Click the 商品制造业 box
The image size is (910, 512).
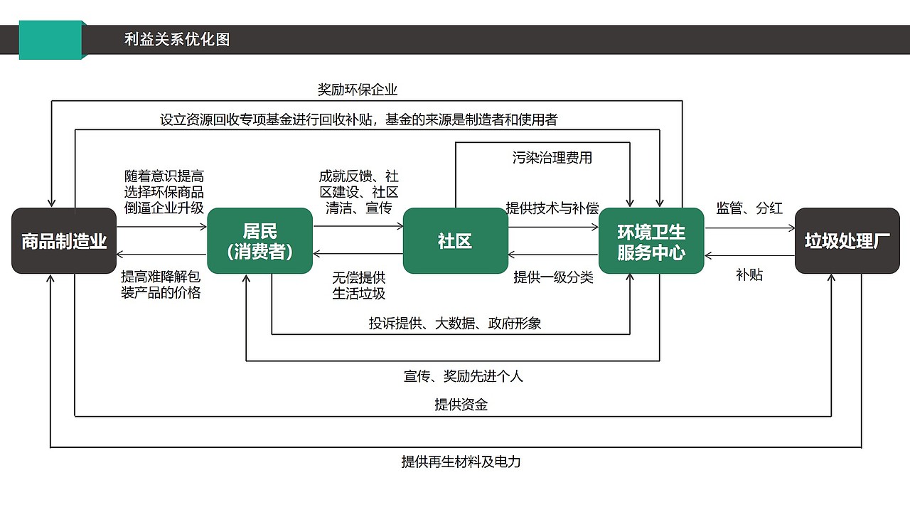(64, 241)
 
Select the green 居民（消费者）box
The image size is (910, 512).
(259, 241)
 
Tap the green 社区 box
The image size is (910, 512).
(455, 241)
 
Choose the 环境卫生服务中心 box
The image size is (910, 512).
(651, 241)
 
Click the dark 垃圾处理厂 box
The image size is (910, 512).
(847, 241)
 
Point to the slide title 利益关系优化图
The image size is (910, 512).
(177, 39)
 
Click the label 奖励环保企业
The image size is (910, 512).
(357, 90)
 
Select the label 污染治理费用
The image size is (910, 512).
(552, 158)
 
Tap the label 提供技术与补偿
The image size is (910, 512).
(552, 208)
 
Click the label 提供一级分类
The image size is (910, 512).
(553, 277)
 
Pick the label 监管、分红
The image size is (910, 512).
(749, 208)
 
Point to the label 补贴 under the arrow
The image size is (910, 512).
(749, 274)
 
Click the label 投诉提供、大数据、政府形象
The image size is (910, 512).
(455, 324)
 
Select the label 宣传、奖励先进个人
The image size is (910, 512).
(463, 375)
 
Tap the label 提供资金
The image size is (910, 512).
(461, 405)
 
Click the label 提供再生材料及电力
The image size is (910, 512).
(461, 462)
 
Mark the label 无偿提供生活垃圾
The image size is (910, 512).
(359, 285)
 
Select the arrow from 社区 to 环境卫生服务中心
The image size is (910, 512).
(553, 228)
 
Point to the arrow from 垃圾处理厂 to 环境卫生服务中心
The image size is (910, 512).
(749, 255)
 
